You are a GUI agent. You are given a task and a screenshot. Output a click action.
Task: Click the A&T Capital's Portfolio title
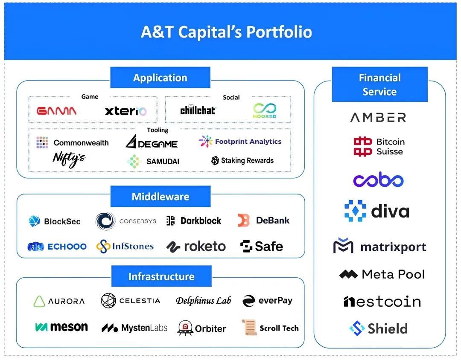pyautogui.click(x=226, y=32)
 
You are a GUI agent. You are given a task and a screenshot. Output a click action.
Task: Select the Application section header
pyautogui.click(x=160, y=78)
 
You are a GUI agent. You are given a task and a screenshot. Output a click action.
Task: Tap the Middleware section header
pyautogui.click(x=160, y=197)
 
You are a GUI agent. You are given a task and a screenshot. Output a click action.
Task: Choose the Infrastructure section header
pyautogui.click(x=161, y=276)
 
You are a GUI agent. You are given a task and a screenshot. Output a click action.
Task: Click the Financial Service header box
pyautogui.click(x=379, y=84)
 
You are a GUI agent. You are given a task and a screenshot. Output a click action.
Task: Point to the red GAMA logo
pyautogui.click(x=57, y=111)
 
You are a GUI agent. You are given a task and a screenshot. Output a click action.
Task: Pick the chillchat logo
pyautogui.click(x=198, y=110)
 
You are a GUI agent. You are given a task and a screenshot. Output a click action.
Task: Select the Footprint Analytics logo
pyautogui.click(x=240, y=142)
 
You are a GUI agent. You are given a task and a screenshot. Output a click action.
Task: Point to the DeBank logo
pyautogui.click(x=264, y=221)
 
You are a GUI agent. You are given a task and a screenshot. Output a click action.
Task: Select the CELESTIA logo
pyautogui.click(x=131, y=301)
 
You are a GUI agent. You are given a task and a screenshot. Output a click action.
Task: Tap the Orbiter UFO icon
pyautogui.click(x=186, y=328)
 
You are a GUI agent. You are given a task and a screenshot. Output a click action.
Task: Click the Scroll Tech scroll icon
pyautogui.click(x=248, y=328)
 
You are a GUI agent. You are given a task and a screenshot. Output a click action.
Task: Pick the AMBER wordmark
pyautogui.click(x=378, y=117)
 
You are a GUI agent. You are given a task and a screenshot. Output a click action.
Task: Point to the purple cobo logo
pyautogui.click(x=378, y=180)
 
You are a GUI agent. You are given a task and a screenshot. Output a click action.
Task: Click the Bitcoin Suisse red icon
pyautogui.click(x=363, y=147)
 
